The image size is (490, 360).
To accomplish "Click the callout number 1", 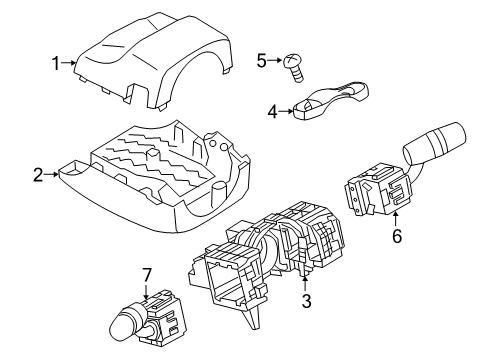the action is coord(56,63).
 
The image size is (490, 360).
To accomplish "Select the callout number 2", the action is coord(38,175).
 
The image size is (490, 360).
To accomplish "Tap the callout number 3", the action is coord(306,301).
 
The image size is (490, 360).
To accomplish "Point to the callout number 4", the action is coord(273,112).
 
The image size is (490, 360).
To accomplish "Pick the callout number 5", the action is coord(262,61).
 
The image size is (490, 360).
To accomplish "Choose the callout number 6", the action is coord(397,236).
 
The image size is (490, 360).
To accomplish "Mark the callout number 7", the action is coord(147,275).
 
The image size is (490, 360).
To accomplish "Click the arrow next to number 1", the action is coord(69,63).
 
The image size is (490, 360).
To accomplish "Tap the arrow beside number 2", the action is coord(52,174).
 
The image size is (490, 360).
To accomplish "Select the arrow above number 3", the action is coord(305,283).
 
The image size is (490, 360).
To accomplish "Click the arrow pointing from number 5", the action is coord(275,60).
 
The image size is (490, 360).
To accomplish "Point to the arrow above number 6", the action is coord(396,219).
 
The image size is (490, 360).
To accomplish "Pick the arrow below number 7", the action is coord(146,291).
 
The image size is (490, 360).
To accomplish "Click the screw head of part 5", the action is coord(291,61).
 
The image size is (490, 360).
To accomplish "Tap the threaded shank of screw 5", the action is coord(298,74).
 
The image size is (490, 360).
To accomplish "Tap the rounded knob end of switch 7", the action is coord(119,328).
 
